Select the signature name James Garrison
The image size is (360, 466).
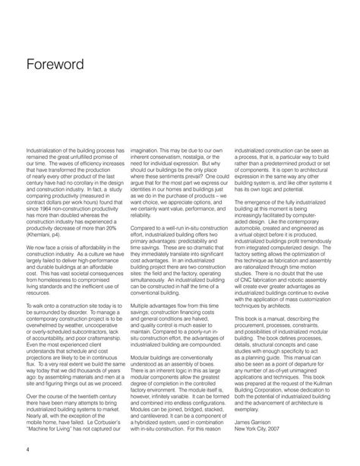257,417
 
